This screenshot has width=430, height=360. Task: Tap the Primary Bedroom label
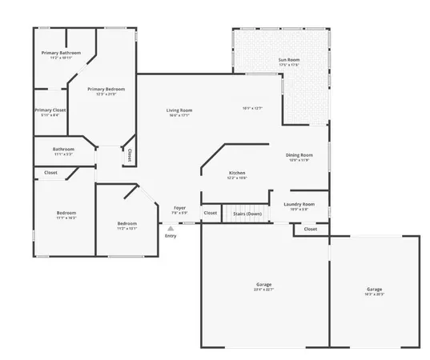[x=106, y=89]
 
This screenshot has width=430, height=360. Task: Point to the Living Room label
[x=179, y=110]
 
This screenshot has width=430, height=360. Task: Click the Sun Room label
[x=289, y=60]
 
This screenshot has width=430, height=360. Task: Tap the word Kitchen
[x=237, y=173]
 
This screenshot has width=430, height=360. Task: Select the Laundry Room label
[x=299, y=204]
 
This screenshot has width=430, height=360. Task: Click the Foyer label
[x=179, y=208]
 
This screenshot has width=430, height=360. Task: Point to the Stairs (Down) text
[x=247, y=214]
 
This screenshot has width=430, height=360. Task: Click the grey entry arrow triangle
[x=170, y=228]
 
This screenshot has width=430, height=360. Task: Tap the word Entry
[x=170, y=236]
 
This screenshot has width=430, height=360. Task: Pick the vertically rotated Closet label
[x=128, y=154]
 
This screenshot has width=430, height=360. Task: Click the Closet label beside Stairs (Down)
[x=210, y=213]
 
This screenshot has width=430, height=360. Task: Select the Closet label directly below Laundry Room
[x=310, y=230]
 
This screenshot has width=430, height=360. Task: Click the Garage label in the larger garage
[x=263, y=285]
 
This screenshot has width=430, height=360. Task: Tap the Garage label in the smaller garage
[x=374, y=289]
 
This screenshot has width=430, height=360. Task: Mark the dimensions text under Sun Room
[x=289, y=66]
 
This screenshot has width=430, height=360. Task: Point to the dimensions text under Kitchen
[x=237, y=178]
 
